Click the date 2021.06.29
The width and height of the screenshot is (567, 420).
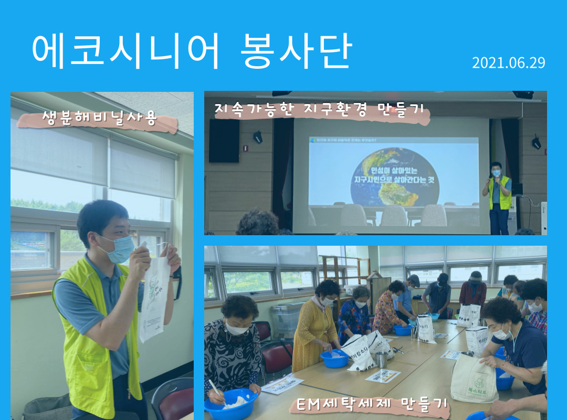[508, 63]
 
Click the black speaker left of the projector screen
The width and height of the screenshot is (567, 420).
[224, 140]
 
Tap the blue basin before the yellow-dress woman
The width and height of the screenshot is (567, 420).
[334, 358]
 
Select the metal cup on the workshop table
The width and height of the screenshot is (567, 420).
[381, 359]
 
